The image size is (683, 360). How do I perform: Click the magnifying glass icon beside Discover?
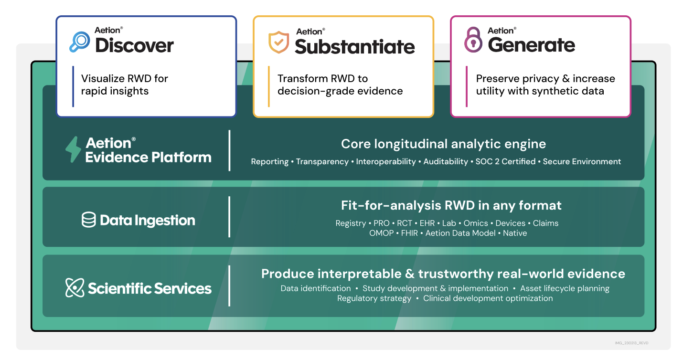[x=79, y=42]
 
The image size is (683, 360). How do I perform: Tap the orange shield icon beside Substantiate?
[x=278, y=42]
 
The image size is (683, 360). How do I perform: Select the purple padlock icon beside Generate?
[x=473, y=40]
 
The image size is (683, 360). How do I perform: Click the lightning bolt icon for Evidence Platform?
[x=73, y=149]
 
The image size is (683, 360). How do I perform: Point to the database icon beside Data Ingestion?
[x=89, y=220]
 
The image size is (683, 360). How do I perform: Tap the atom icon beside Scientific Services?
[x=75, y=288]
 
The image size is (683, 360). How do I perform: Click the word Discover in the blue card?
[x=134, y=46]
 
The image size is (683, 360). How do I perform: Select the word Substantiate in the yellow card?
[x=354, y=47]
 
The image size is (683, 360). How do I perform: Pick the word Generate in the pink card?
[x=531, y=45]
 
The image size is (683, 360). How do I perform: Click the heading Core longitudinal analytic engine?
[x=443, y=144]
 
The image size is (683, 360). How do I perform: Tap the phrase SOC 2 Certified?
[x=505, y=161]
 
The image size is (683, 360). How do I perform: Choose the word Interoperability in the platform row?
[x=386, y=161]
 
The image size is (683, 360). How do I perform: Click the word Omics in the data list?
[x=476, y=223]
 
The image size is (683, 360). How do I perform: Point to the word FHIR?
[x=410, y=233]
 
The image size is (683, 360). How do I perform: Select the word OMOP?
[x=382, y=233]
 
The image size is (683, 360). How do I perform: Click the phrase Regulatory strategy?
[x=374, y=298]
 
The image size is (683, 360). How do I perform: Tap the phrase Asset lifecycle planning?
[x=565, y=288]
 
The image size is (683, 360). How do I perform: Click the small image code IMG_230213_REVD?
[x=631, y=343]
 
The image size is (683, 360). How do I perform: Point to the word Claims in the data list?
[x=545, y=223]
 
